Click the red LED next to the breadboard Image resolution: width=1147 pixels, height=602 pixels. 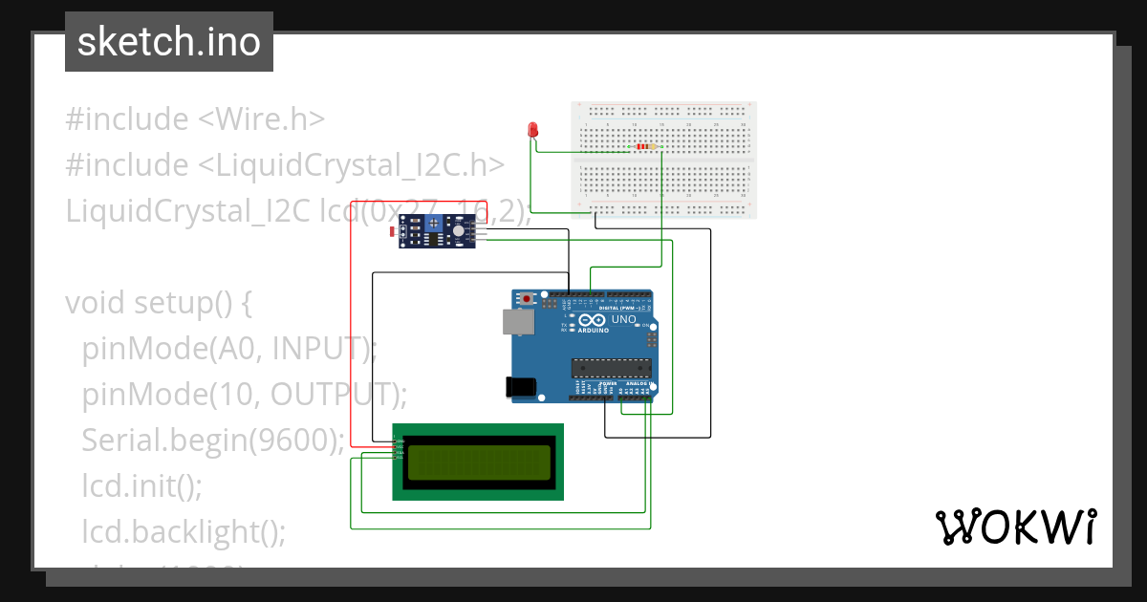click(x=532, y=129)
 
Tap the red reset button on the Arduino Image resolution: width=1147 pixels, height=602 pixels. click(x=527, y=299)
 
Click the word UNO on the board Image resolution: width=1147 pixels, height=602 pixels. click(x=623, y=320)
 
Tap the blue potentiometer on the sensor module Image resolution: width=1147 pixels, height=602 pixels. click(x=435, y=224)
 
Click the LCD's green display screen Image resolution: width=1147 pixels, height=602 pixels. click(x=477, y=462)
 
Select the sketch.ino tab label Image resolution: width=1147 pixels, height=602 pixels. click(x=169, y=42)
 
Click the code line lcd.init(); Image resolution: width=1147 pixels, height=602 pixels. click(x=141, y=485)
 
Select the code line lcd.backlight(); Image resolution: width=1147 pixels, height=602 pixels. click(x=184, y=531)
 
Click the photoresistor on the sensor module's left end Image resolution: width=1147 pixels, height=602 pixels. click(x=396, y=230)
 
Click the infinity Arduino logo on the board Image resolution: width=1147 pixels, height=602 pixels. click(x=591, y=321)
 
